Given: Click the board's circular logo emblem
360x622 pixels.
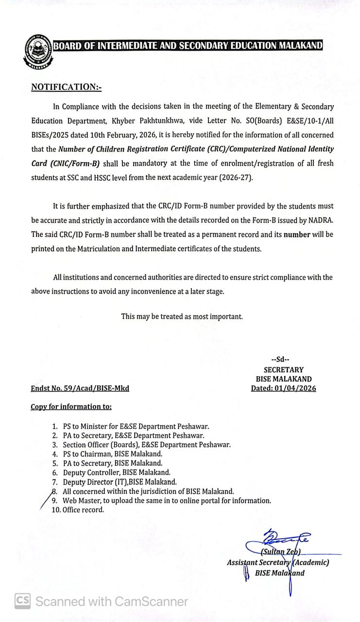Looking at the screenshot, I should click(x=37, y=50).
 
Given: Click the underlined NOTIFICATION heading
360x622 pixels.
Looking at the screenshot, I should click(x=66, y=87).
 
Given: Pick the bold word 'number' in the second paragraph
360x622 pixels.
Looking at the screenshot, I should click(x=297, y=234).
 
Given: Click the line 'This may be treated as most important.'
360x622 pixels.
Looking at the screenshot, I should click(x=182, y=316).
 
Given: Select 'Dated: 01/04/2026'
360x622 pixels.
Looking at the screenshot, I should click(x=283, y=388).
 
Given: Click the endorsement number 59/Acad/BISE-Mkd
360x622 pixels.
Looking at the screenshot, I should click(x=80, y=388).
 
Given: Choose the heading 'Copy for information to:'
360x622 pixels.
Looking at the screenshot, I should click(x=71, y=407).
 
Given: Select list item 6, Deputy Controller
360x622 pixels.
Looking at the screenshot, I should click(x=116, y=472).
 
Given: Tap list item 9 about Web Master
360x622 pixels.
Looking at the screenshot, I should click(x=166, y=501).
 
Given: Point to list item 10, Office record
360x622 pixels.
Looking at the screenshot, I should click(x=83, y=510).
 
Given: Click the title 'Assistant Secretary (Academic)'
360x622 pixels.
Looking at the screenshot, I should click(x=277, y=562).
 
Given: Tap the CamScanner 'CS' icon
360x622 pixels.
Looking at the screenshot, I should click(x=22, y=601).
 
